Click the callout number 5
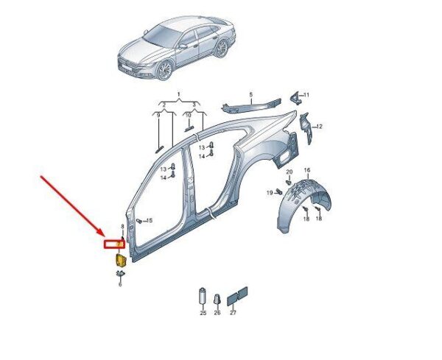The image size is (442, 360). [x=251, y=95]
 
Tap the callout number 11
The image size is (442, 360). [x=306, y=95]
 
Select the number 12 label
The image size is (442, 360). [x=319, y=127]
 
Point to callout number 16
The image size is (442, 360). [x=307, y=170]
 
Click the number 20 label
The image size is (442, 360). [x=290, y=172]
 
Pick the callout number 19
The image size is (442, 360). [x=270, y=193]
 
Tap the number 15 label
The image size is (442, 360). [x=149, y=220]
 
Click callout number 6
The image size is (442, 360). [x=120, y=284]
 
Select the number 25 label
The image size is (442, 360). [x=203, y=313]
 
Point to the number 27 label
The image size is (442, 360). [x=233, y=313]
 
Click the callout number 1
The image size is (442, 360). [x=179, y=94]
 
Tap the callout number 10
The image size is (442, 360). [x=188, y=116]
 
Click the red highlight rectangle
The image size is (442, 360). [x=115, y=244]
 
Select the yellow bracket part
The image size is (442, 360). [x=120, y=260]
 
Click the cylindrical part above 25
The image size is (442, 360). [x=203, y=296]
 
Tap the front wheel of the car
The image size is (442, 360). [x=165, y=70]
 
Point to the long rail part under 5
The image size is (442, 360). [x=251, y=105]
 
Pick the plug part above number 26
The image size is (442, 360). [x=217, y=299]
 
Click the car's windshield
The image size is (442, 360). [x=163, y=35]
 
